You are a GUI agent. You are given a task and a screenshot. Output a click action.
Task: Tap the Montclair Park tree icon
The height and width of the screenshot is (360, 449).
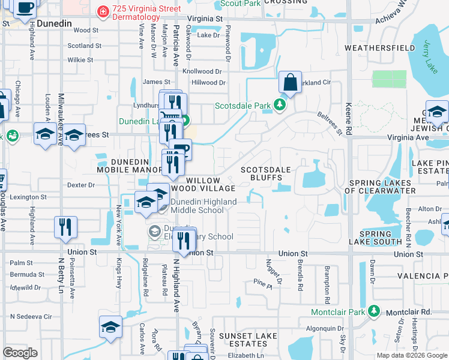coord(373,311)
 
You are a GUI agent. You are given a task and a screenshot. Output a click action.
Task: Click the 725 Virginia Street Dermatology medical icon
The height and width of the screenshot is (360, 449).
coord(103,11)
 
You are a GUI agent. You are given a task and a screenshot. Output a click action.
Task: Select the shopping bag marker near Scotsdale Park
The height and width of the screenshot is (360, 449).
coord(290,83)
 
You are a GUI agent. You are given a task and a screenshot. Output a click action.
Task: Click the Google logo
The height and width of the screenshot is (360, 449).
coord(20,352)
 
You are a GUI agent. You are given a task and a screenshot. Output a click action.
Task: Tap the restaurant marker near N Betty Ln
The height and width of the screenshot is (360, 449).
coord(65,227)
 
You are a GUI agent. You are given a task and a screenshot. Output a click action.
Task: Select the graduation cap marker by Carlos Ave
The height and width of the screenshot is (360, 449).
coord(110,326)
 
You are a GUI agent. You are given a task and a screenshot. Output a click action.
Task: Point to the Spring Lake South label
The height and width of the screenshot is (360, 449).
coord(380,238)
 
